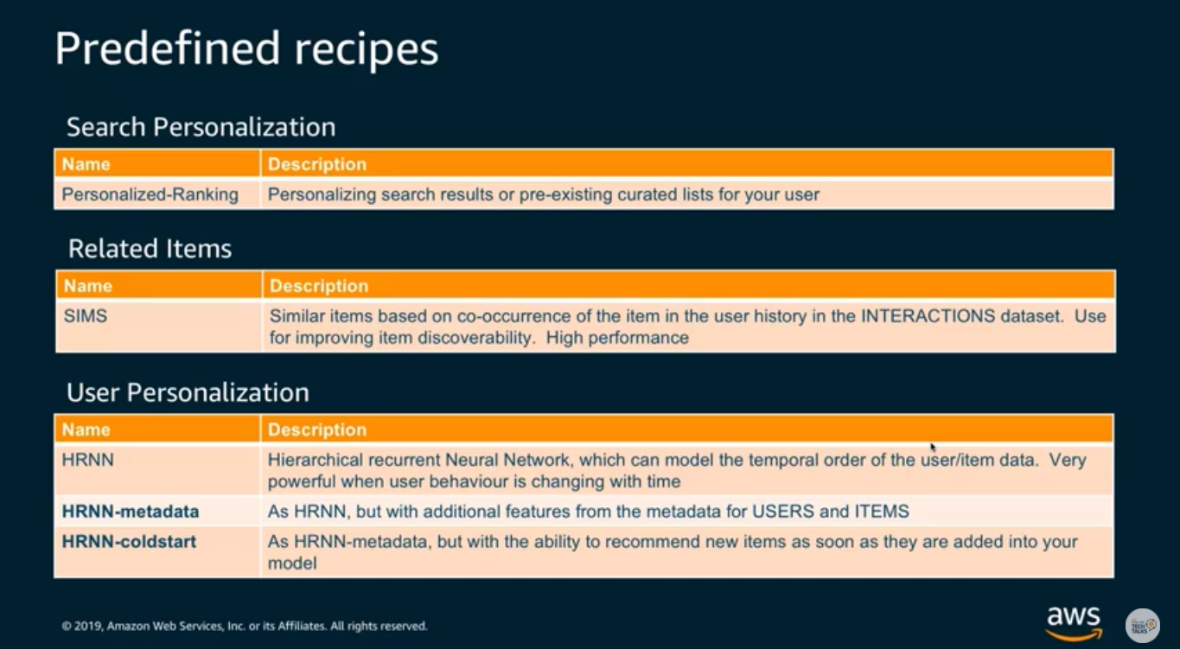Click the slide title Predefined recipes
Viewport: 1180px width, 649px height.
point(246,49)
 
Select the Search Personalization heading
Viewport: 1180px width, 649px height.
point(201,127)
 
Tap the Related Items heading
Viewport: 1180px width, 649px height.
point(150,249)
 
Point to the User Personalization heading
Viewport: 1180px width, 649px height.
point(188,392)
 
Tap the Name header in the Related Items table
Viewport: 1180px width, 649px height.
point(88,286)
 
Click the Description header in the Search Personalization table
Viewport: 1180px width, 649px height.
point(317,164)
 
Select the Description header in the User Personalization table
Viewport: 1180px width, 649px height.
point(317,429)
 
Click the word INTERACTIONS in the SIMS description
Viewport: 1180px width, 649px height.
point(928,316)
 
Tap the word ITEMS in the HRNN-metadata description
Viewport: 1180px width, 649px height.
point(882,512)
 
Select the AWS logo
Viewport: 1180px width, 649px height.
point(1074,623)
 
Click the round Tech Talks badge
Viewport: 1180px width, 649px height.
point(1143,626)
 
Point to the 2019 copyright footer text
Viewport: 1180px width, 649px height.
point(245,627)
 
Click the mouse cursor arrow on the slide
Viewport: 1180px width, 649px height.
point(933,448)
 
